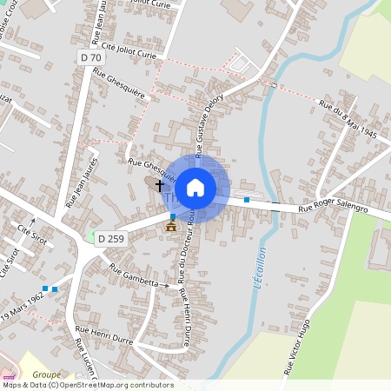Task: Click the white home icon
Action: [195, 187]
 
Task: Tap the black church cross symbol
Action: [159, 184]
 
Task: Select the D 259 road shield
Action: [110, 238]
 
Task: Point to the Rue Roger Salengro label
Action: [333, 209]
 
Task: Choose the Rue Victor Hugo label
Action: [296, 346]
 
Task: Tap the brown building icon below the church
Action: [170, 226]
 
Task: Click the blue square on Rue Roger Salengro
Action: [247, 200]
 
